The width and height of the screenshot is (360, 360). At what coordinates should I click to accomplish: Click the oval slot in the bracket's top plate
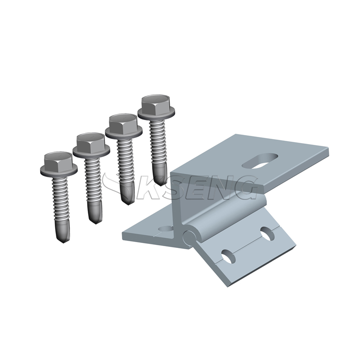click(x=260, y=161)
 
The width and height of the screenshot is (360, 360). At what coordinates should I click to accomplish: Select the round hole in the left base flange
click(x=166, y=229)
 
